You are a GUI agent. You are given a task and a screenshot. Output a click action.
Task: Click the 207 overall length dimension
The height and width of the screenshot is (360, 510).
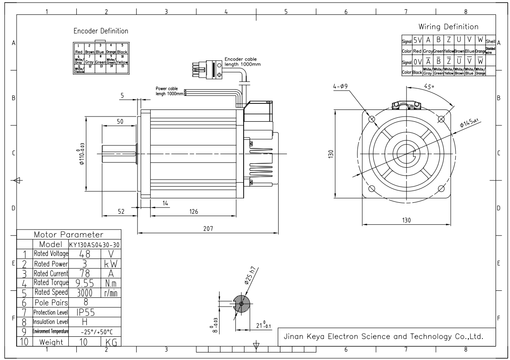[209, 229]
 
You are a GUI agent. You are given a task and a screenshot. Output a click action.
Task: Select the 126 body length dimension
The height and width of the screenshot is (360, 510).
[193, 212]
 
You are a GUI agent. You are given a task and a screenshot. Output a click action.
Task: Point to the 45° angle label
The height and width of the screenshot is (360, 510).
[429, 86]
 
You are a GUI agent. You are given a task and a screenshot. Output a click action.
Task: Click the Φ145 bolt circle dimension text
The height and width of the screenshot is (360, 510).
[468, 124]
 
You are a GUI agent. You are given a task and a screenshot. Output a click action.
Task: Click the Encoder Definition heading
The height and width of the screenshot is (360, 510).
[101, 31]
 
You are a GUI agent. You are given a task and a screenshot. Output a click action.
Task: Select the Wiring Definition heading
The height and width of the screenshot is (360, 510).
[448, 27]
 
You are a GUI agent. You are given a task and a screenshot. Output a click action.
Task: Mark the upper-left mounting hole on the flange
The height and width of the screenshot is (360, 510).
[372, 119]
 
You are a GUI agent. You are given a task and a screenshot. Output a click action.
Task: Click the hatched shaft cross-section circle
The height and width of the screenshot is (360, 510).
[241, 304]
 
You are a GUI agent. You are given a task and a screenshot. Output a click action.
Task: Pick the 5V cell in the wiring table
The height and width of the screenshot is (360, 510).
[417, 40]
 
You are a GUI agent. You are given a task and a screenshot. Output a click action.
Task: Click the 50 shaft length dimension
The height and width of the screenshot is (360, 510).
[119, 121]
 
